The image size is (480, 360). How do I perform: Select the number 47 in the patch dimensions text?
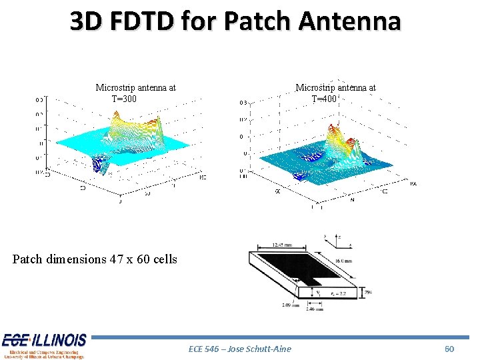[x=116, y=259]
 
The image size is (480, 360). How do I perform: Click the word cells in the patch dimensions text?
[x=165, y=259]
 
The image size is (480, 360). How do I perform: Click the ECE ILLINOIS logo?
[x=43, y=345]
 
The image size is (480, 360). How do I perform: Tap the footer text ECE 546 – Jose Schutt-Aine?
[x=240, y=349]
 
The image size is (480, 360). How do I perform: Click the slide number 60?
[x=449, y=349]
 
